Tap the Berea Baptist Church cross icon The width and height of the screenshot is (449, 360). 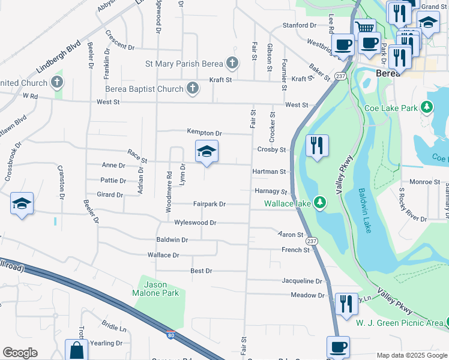coord(192,89)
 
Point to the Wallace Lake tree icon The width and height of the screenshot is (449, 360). coord(321,203)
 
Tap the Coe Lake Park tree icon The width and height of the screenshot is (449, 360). coord(427,108)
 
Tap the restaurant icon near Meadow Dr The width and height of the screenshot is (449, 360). coord(345,304)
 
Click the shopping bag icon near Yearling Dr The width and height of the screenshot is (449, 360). coord(76,350)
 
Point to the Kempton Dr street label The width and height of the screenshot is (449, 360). coord(204,133)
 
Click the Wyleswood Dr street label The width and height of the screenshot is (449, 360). coord(194,223)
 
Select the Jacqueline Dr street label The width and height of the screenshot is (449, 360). coord(302,281)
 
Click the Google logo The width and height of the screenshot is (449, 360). coord(20,353)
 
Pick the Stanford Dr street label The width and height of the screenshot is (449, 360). coord(300,25)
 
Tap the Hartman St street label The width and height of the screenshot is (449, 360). coord(270,172)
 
